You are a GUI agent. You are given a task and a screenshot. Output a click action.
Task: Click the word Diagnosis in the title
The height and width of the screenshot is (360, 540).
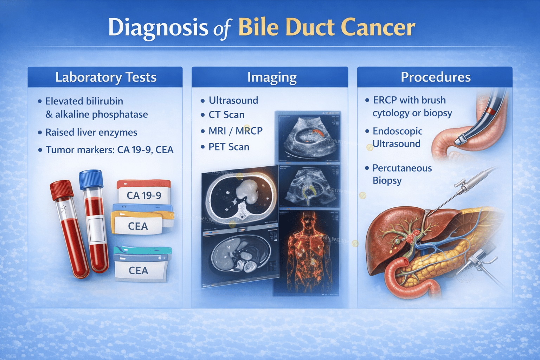pyautogui.click(x=158, y=27)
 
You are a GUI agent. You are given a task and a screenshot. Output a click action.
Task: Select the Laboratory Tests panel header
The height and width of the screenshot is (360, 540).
pyautogui.click(x=105, y=77)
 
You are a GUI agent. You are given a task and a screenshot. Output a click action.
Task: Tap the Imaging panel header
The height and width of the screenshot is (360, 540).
pyautogui.click(x=271, y=77)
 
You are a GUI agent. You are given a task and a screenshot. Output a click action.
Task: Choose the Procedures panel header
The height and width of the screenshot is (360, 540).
pyautogui.click(x=435, y=77)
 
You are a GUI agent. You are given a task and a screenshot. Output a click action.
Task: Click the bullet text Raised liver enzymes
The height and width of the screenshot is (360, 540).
pyautogui.click(x=91, y=133)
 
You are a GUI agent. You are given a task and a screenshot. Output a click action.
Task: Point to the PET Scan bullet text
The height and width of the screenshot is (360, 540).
pyautogui.click(x=229, y=147)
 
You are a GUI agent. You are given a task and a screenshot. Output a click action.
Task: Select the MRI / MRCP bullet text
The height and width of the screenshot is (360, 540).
pyautogui.click(x=235, y=131)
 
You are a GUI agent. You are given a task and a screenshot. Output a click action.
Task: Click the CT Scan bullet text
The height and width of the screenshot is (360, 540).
pyautogui.click(x=226, y=115)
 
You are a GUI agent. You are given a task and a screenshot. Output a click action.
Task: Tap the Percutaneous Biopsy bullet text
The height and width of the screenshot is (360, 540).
pyautogui.click(x=401, y=174)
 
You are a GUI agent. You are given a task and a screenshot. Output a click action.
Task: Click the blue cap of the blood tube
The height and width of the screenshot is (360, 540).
pyautogui.click(x=91, y=179)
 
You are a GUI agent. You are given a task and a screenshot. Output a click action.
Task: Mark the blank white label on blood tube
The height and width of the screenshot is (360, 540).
pyautogui.click(x=96, y=230)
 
